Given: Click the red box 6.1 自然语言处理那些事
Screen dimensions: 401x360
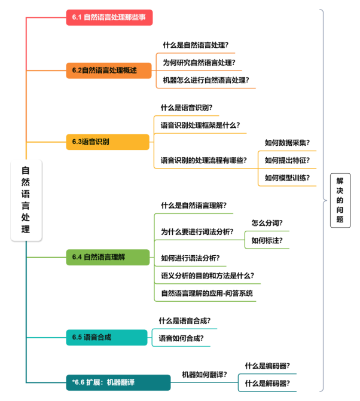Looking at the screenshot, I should tap(109, 17).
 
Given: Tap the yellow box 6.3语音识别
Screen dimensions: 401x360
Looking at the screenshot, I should tap(107, 142).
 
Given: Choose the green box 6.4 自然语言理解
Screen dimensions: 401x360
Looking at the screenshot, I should tap(107, 257).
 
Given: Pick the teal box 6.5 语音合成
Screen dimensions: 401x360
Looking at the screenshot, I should tap(106, 337).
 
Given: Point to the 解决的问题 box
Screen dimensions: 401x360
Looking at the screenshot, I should tap(340, 200).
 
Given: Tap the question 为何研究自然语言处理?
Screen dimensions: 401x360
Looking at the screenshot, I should tap(199, 62).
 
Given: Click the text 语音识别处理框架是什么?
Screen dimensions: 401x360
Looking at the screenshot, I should tap(200, 125).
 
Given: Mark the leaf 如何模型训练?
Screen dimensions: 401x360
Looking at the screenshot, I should tap(287, 177).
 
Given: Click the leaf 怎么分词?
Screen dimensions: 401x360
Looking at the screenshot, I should tap(267, 222).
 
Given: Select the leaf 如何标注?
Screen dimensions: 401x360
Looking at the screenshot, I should tap(267, 240).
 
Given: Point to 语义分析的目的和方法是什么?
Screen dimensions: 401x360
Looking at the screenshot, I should tap(208, 276).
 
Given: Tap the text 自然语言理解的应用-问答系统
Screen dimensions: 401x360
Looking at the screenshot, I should tap(207, 293).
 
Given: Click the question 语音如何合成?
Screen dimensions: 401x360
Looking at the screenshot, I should tap(181, 338).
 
